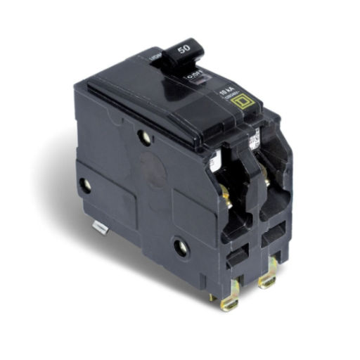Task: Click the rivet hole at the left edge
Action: tap(84, 186)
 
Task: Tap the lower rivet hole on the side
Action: tap(181, 247)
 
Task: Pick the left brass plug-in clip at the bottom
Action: tap(230, 300)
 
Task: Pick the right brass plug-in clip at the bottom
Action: tap(266, 282)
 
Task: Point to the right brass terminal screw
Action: tap(266, 181)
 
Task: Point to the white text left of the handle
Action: tap(155, 54)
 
